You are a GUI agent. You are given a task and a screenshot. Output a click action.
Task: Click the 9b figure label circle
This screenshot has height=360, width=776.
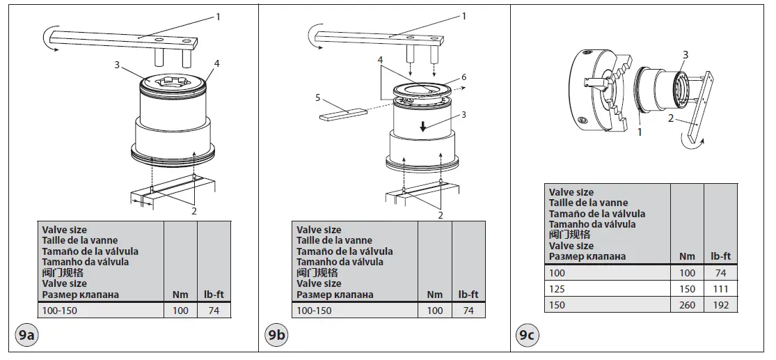(x=276, y=336)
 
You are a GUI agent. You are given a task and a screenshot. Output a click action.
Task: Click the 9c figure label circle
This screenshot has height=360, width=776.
(x=527, y=336)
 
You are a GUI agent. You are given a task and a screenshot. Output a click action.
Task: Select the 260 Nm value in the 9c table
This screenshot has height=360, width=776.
(x=686, y=305)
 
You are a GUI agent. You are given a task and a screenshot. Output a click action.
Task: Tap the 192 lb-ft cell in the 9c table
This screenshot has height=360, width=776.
(x=720, y=305)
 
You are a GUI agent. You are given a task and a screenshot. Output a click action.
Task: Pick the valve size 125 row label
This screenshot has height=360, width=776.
(x=557, y=289)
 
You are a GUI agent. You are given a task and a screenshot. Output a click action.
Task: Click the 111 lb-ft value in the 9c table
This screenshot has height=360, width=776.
(x=720, y=289)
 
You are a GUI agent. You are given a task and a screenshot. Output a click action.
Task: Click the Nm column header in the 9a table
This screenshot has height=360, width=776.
(x=180, y=295)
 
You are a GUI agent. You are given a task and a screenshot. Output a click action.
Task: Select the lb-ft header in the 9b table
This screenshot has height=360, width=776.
(x=468, y=295)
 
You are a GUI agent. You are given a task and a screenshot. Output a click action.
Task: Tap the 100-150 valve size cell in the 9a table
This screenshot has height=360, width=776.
(x=60, y=311)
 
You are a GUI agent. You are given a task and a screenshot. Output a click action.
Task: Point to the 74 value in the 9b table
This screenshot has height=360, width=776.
(x=468, y=311)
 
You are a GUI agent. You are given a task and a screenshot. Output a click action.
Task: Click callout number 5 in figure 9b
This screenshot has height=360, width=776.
(x=317, y=97)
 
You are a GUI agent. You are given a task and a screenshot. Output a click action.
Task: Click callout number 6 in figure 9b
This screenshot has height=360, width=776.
(x=464, y=77)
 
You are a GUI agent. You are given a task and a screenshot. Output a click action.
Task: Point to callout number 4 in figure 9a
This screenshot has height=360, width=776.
(x=217, y=63)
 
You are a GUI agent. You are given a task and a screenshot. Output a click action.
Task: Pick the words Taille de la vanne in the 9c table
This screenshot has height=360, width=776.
(x=588, y=203)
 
